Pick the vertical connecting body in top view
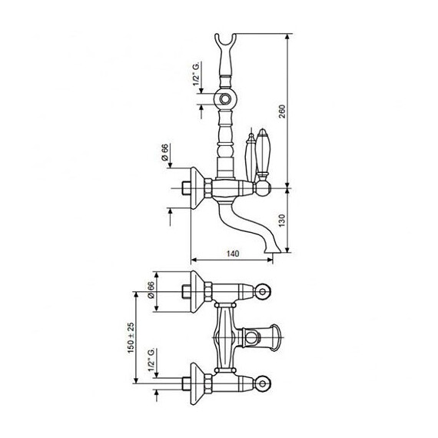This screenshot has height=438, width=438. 225,335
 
